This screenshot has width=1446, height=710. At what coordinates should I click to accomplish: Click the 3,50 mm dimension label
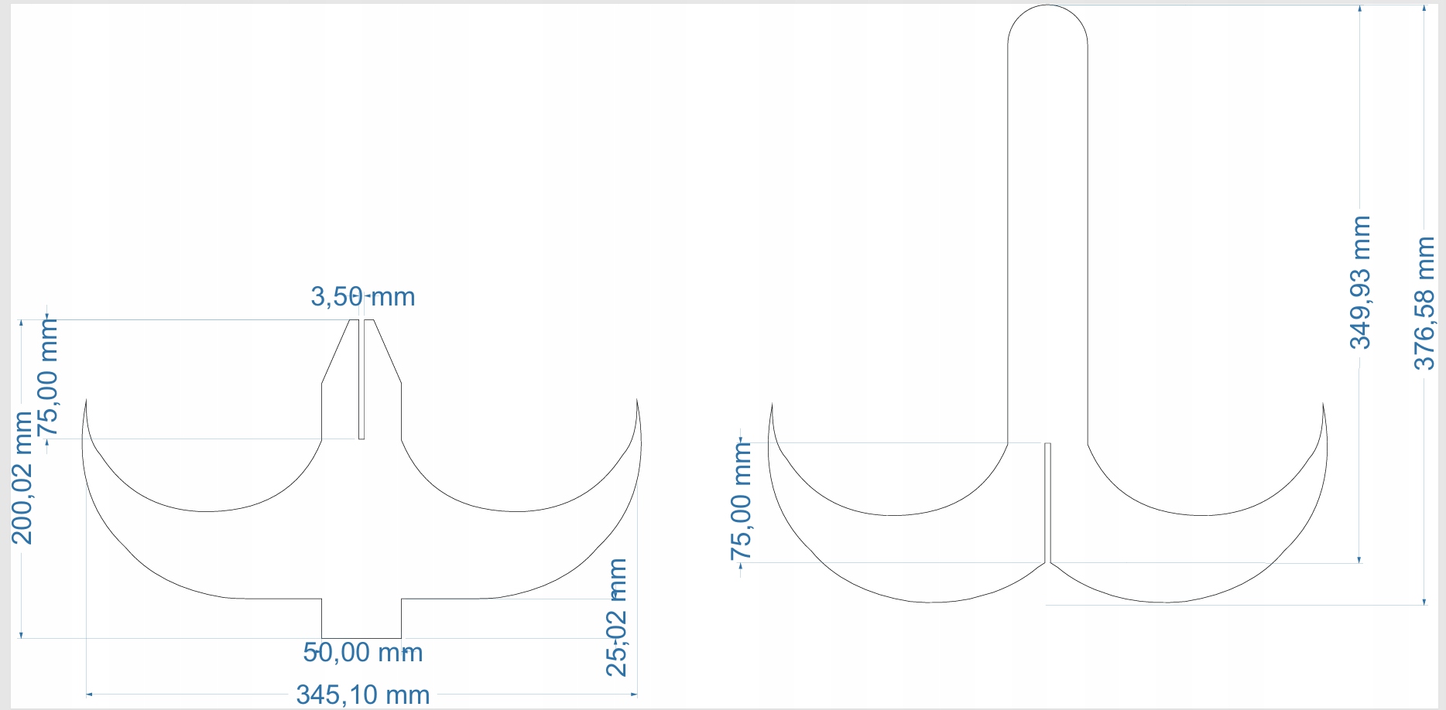[x=362, y=296]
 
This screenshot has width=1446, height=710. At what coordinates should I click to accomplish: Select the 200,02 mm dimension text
[x=22, y=477]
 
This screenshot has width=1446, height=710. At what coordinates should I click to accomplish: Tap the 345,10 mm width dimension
[x=362, y=695]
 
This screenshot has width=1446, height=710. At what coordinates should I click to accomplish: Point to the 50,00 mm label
[x=362, y=652]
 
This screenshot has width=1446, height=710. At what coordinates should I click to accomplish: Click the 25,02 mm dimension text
[x=617, y=617]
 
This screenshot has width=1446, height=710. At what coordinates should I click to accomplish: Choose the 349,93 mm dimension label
[x=1360, y=282]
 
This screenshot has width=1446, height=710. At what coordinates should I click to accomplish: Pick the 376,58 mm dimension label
[x=1424, y=303]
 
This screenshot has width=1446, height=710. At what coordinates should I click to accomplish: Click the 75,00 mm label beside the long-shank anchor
[x=741, y=500]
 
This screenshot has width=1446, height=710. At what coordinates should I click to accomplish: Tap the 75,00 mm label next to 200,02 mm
[x=48, y=379]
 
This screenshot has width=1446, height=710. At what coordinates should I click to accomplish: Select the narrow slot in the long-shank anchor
[x=1047, y=503]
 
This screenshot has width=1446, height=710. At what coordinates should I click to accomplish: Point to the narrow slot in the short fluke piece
[x=361, y=379]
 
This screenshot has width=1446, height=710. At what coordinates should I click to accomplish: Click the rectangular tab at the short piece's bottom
[x=361, y=618]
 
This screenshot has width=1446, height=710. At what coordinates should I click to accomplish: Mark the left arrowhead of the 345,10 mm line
[x=89, y=695]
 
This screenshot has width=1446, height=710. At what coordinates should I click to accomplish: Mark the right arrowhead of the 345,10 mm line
[x=634, y=695]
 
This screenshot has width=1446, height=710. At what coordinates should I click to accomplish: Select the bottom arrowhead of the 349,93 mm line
[x=1360, y=559]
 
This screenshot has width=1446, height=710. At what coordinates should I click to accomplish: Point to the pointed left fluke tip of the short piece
[x=85, y=401]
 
